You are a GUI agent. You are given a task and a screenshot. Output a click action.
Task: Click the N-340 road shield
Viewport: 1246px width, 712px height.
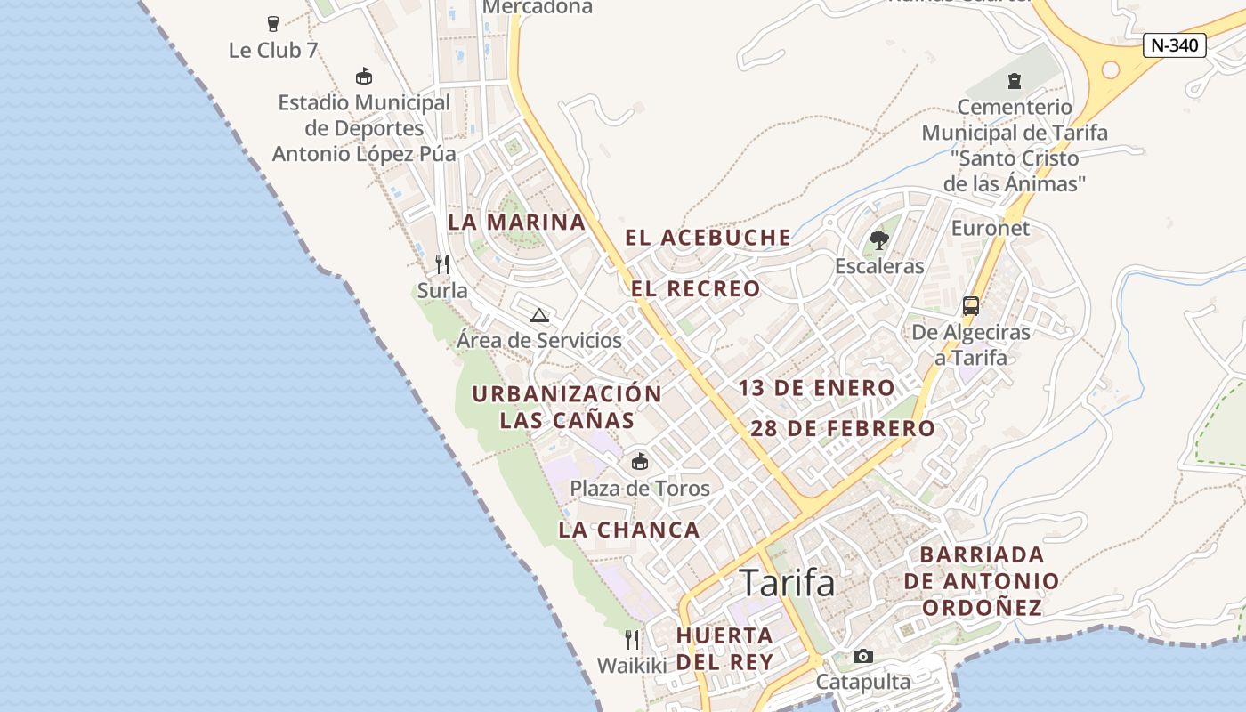click(x=1174, y=45)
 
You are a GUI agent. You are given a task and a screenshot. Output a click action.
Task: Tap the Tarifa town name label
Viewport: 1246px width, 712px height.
click(x=788, y=583)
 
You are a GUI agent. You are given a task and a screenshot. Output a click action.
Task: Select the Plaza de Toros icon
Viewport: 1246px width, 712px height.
click(x=639, y=461)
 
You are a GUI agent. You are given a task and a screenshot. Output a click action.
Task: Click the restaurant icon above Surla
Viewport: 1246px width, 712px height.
click(x=441, y=263)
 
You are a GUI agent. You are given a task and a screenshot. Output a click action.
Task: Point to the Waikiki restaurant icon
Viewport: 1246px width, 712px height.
click(x=631, y=639)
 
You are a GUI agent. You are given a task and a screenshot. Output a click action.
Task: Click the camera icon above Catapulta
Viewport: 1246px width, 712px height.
click(x=862, y=656)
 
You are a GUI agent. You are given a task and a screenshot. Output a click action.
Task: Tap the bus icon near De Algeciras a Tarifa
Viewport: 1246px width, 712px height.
click(x=970, y=306)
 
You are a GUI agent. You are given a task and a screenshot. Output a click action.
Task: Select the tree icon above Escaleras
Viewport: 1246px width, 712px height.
click(x=878, y=239)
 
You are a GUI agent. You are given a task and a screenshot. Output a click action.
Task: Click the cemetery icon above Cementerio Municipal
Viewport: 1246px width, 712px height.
click(x=1014, y=81)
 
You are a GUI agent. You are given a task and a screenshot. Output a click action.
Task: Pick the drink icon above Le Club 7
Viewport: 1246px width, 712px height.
click(x=272, y=24)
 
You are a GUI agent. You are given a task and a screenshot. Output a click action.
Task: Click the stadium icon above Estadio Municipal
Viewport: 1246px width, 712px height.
click(x=363, y=76)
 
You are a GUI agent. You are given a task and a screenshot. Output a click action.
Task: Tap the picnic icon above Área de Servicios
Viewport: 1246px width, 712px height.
click(x=538, y=314)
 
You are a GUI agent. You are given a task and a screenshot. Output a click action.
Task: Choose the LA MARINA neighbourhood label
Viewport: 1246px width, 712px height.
click(x=516, y=222)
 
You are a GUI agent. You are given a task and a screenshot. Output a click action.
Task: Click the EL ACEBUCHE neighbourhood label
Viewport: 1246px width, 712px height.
click(x=708, y=238)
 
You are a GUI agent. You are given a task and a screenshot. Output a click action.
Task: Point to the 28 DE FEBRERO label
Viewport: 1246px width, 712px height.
click(x=843, y=429)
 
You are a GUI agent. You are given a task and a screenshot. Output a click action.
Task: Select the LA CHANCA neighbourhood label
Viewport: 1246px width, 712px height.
click(x=629, y=530)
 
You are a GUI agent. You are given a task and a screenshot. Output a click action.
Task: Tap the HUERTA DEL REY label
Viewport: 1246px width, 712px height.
click(x=724, y=649)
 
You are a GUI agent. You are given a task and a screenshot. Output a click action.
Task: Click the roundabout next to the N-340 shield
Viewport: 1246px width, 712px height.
click(x=1111, y=69)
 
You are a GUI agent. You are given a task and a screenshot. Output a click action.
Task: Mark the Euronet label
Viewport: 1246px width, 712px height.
click(x=990, y=228)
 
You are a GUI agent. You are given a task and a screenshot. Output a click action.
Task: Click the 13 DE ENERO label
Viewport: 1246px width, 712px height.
click(x=816, y=388)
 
